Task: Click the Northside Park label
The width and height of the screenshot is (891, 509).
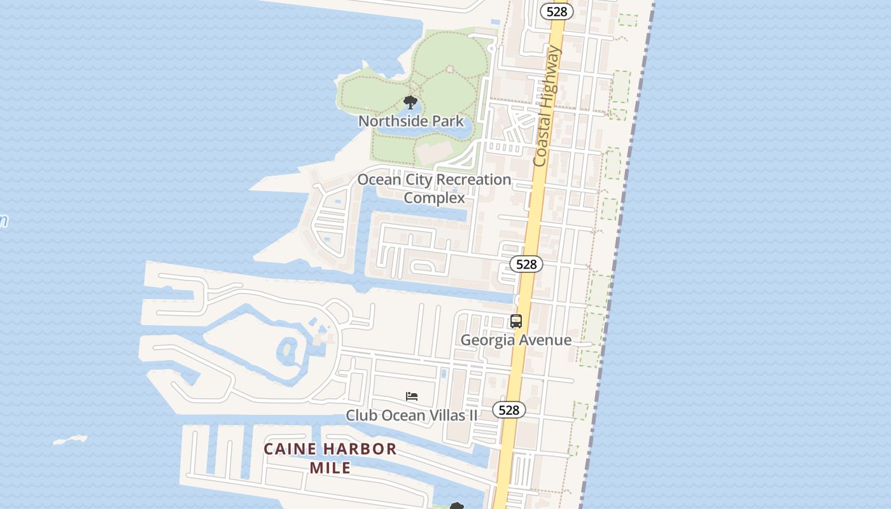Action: coord(411,121)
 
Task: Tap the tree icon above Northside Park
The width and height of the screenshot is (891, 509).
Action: coord(410,102)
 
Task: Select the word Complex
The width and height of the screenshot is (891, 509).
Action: coord(435,198)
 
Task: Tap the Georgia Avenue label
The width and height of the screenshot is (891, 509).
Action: coord(516,340)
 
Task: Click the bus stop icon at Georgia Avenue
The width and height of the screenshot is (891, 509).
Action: coord(516,321)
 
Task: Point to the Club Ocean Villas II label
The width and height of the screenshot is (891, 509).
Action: coord(411,415)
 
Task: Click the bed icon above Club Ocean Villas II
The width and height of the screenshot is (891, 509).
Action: coord(412,396)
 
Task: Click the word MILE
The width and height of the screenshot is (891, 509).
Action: coord(330,468)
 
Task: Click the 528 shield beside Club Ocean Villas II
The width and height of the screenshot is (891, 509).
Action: coord(509,410)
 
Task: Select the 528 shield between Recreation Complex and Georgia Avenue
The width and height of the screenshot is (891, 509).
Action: coord(526,264)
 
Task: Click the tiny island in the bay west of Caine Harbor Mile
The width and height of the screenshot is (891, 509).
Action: coord(70,440)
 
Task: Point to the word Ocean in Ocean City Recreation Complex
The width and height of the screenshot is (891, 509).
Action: coord(379,180)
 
